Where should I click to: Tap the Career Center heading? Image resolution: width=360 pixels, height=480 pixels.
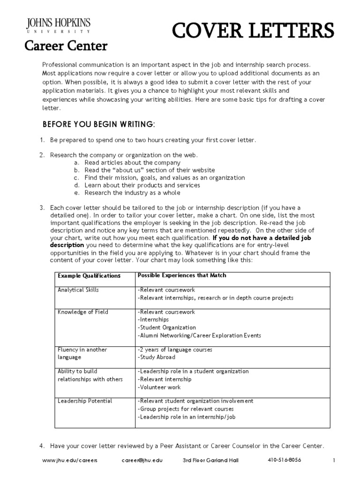(66, 46)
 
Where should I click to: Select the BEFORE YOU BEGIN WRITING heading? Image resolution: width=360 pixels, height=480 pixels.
(98, 124)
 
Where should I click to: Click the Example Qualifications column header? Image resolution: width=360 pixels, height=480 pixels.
(89, 276)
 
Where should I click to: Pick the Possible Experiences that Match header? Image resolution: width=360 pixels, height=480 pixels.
(182, 275)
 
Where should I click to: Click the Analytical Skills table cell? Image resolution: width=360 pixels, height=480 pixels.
(78, 290)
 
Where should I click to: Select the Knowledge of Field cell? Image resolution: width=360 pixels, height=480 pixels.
(79, 312)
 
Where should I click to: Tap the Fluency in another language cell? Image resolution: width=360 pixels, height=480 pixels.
(82, 353)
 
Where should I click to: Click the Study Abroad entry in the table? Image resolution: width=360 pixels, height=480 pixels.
(157, 357)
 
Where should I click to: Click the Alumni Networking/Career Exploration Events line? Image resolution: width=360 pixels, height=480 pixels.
(199, 336)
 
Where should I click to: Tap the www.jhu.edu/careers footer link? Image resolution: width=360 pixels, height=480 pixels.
(70, 460)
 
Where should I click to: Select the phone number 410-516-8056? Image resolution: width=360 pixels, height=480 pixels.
(285, 460)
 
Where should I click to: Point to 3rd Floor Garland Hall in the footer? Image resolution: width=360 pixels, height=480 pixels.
(210, 460)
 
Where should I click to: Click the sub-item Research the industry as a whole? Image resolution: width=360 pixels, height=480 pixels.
(132, 193)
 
